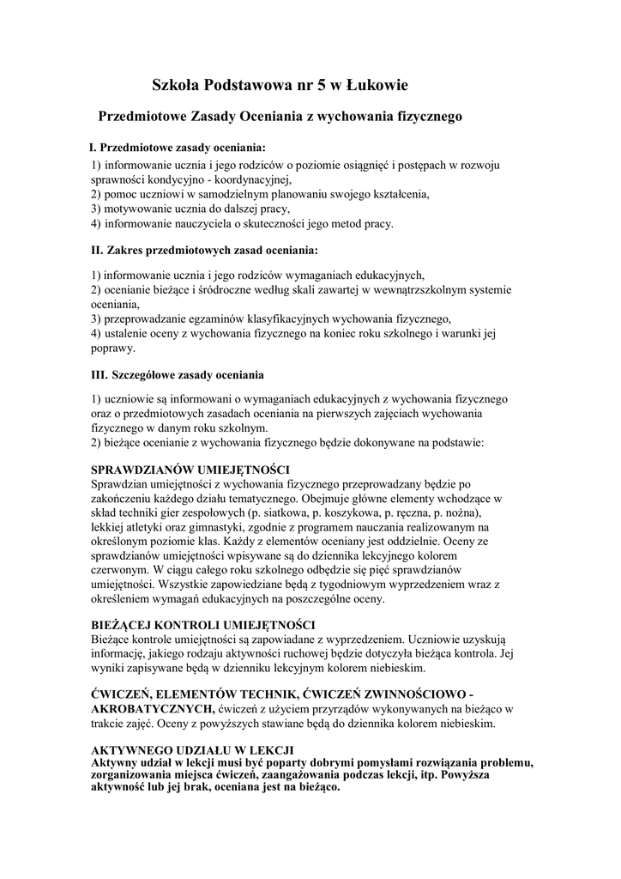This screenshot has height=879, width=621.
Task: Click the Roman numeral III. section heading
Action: click(178, 374)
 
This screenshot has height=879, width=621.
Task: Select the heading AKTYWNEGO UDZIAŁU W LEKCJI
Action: click(193, 749)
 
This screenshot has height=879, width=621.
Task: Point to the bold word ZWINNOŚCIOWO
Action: click(407, 694)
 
